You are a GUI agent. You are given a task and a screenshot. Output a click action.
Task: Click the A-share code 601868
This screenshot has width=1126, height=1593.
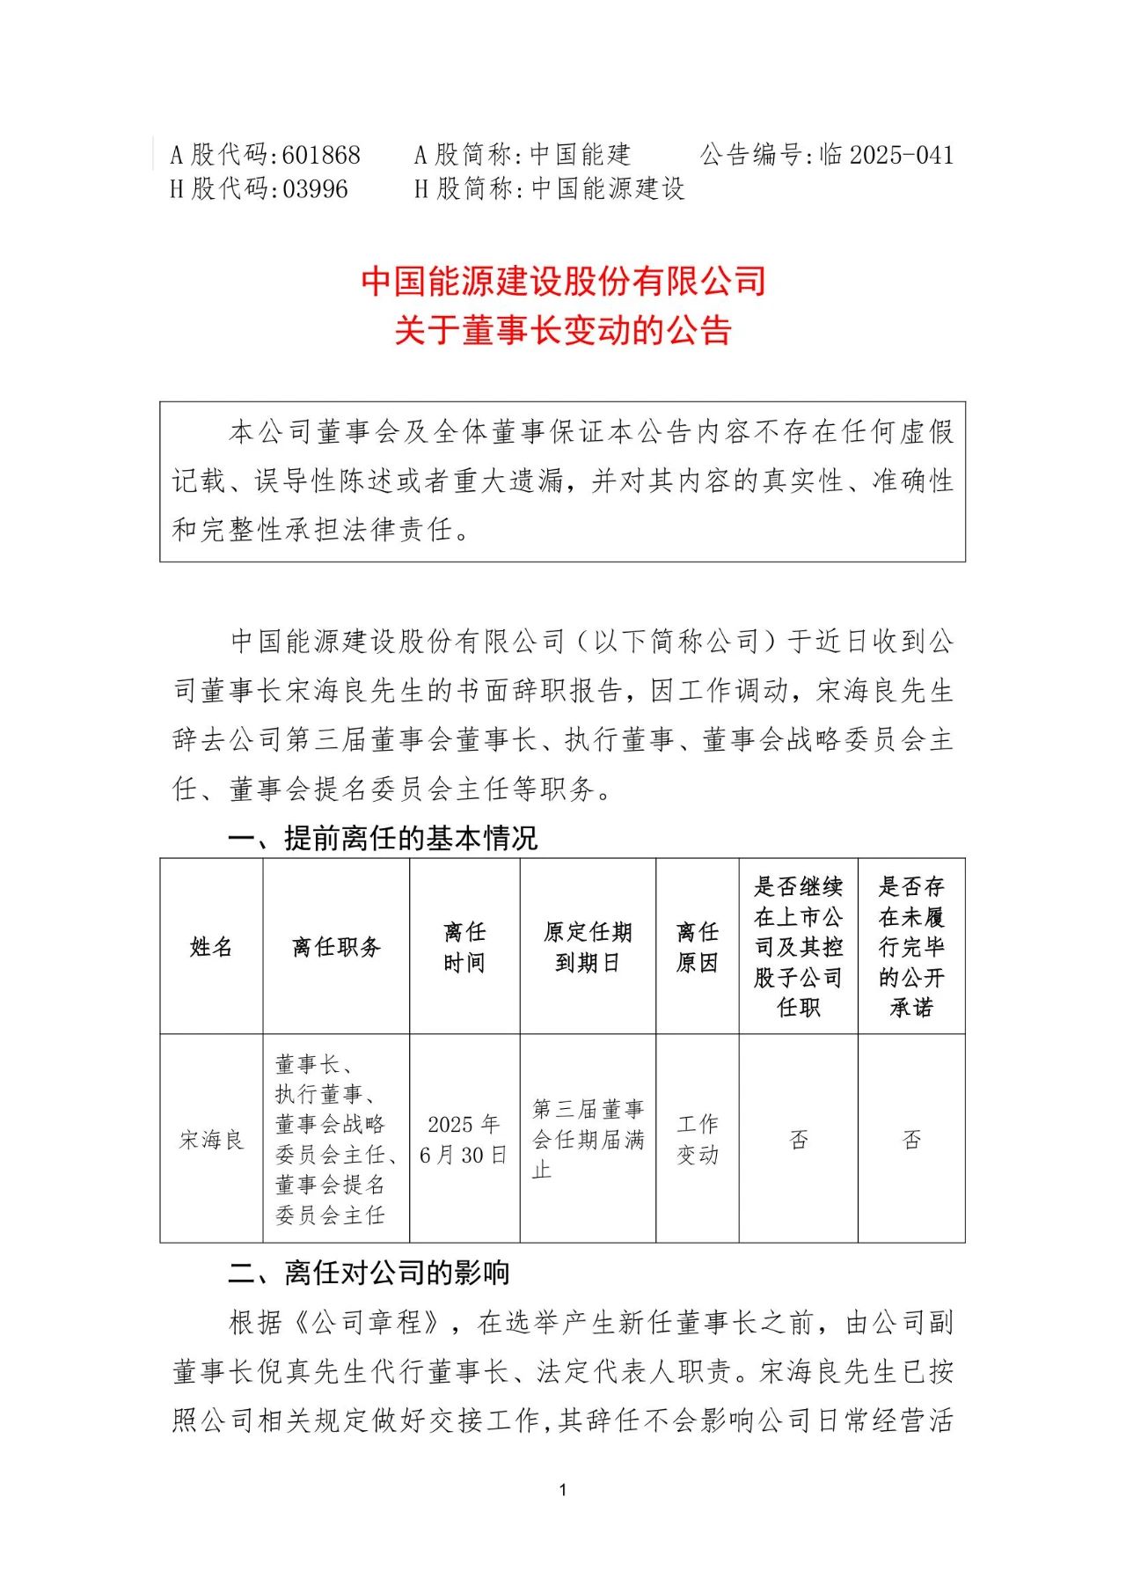321,155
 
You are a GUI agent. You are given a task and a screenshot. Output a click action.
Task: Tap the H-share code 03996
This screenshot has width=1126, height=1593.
315,189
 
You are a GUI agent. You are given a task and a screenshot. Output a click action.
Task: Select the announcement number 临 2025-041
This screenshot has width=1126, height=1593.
887,155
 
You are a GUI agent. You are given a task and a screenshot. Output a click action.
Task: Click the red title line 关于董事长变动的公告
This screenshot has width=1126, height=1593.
563,331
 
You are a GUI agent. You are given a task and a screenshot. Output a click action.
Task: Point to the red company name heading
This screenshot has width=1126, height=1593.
563,282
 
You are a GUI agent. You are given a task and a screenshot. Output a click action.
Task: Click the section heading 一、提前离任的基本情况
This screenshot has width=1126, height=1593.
383,838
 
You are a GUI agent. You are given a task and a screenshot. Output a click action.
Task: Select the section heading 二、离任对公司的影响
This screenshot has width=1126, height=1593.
369,1273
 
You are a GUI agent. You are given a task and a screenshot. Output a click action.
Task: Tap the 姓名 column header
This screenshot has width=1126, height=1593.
211,947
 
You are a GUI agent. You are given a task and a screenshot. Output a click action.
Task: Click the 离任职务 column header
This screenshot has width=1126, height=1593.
336,947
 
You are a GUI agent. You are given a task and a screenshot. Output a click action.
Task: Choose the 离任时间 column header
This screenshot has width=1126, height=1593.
464,947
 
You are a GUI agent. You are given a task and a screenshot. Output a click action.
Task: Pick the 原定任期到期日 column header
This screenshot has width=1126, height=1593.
588,947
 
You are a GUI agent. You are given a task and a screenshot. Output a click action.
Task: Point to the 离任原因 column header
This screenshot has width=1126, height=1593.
698,947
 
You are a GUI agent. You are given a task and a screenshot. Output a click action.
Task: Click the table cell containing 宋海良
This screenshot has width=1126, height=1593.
211,1140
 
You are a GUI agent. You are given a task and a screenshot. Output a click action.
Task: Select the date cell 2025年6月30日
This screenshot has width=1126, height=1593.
464,1140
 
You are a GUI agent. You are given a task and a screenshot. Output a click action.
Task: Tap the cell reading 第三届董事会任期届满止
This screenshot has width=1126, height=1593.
588,1139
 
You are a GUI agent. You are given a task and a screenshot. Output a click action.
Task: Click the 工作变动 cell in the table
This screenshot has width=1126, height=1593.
698,1140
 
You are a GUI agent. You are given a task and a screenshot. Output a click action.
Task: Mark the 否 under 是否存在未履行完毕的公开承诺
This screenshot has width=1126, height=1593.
911,1140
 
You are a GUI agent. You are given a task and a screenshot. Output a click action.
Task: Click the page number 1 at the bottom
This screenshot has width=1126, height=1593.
563,1490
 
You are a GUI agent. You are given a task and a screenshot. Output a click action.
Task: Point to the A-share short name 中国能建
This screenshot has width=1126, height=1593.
581,155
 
